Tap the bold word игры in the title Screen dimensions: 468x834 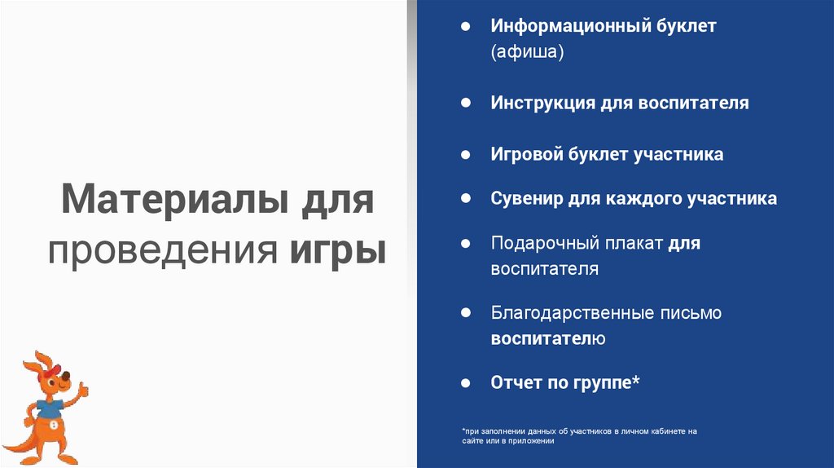[337, 249]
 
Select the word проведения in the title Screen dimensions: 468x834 [164, 249]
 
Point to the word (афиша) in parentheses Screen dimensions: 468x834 [527, 52]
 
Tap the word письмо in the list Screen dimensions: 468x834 [692, 313]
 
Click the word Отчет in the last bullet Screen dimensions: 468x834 [516, 382]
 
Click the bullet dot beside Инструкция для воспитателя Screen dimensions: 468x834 [465, 104]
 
